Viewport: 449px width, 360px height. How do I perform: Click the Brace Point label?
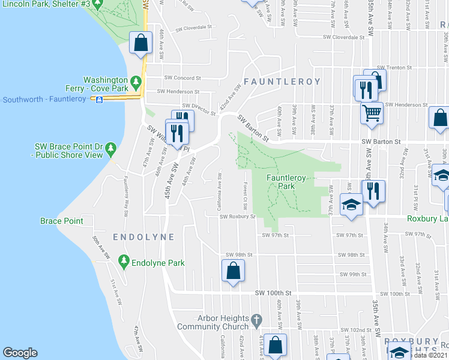(61, 221)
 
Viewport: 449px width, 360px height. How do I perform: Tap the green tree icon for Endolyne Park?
(124, 261)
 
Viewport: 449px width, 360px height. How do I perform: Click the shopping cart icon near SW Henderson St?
(372, 112)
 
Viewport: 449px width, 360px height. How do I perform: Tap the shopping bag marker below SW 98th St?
(233, 271)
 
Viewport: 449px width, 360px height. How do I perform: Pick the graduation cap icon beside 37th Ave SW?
(351, 205)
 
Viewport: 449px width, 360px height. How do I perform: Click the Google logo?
(20, 353)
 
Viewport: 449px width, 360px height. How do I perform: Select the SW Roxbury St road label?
(238, 217)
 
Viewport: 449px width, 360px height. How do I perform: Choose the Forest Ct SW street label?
(245, 198)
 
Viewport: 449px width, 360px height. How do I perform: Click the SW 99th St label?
(353, 274)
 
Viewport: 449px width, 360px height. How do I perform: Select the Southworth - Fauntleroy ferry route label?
(46, 99)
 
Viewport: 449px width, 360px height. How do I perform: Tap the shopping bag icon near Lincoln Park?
(140, 43)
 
